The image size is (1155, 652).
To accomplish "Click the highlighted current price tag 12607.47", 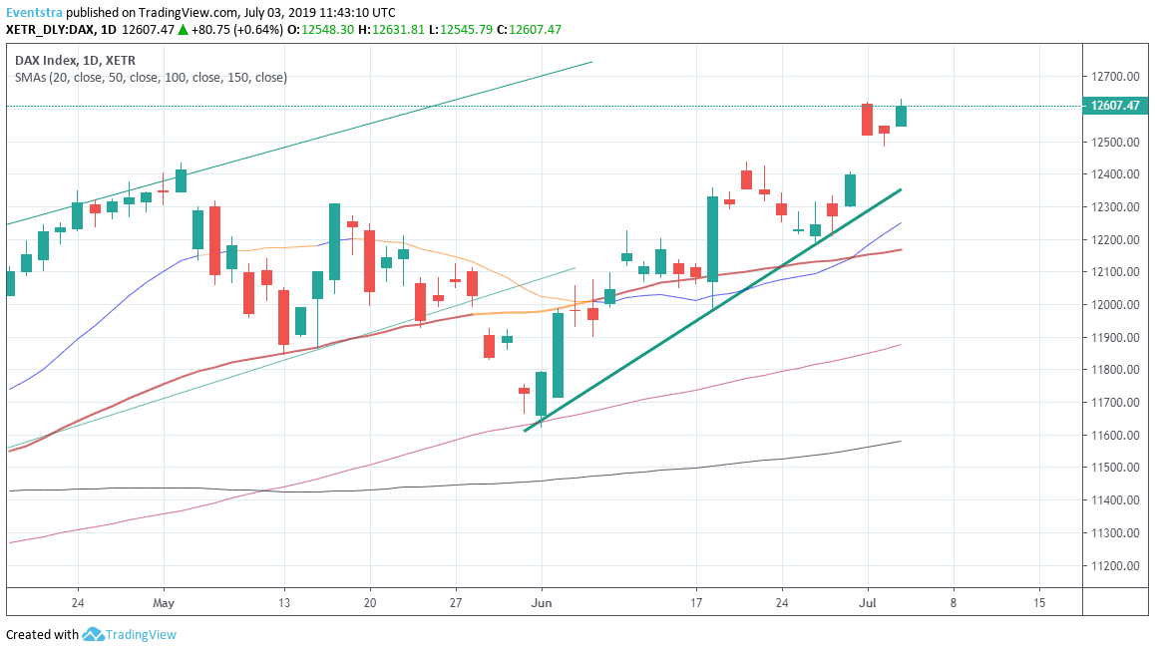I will click(1115, 106).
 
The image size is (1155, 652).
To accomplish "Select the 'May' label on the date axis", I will click(165, 602).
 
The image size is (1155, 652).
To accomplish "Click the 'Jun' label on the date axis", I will click(542, 602).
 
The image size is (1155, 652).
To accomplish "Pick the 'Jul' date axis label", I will click(868, 602).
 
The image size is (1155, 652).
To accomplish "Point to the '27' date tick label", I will click(456, 602).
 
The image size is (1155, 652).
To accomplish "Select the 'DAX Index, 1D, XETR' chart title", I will click(77, 60).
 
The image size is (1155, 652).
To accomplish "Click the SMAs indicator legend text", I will click(151, 77).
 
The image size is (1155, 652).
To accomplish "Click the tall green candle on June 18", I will click(713, 238).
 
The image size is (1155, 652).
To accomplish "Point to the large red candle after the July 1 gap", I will click(868, 119).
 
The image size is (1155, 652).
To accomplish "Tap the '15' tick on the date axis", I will click(1039, 602).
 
